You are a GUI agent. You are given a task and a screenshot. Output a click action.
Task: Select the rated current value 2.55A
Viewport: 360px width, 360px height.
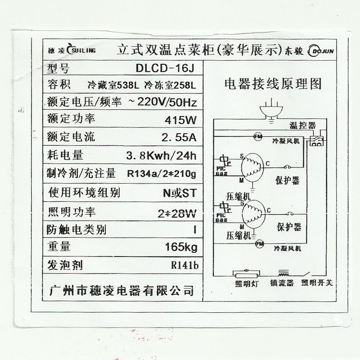179,137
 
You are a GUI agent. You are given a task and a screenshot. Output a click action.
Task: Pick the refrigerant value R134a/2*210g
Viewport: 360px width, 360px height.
162,173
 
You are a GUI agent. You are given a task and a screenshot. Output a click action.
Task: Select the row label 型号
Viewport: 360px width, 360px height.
59,68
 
